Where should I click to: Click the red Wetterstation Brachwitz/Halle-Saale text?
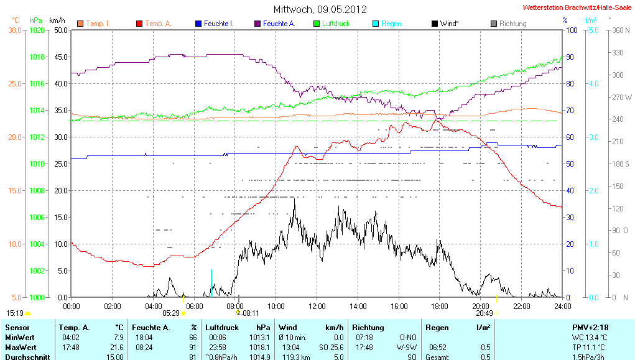click(578, 8)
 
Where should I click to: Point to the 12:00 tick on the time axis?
click(317, 306)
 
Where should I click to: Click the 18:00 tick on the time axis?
click(440, 306)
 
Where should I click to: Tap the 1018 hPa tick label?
click(38, 57)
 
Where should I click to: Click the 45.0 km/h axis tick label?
click(60, 57)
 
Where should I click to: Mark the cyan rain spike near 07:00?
click(211, 283)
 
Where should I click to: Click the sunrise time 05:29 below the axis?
click(171, 314)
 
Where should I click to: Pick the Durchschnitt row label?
click(27, 356)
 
